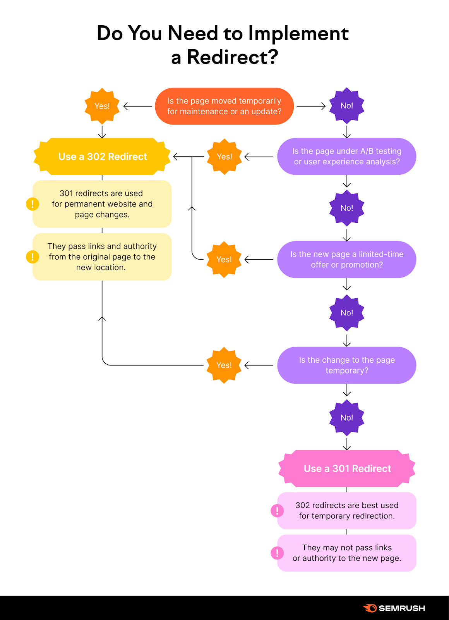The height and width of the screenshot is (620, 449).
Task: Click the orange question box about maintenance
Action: pyautogui.click(x=224, y=106)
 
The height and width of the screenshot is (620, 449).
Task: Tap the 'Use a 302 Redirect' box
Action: pyautogui.click(x=102, y=157)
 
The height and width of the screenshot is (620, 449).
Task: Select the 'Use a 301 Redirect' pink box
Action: pyautogui.click(x=347, y=468)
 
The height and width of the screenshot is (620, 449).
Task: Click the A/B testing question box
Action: pyautogui.click(x=346, y=157)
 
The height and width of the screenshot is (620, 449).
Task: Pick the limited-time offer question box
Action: pyautogui.click(x=346, y=260)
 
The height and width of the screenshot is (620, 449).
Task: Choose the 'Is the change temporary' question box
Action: pyautogui.click(x=346, y=365)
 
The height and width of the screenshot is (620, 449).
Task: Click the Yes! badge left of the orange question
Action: pyautogui.click(x=102, y=106)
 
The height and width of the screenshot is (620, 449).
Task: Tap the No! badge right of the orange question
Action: pyautogui.click(x=346, y=106)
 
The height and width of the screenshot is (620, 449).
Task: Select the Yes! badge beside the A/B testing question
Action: pyautogui.click(x=224, y=157)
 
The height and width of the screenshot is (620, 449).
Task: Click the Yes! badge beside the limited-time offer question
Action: pyautogui.click(x=224, y=260)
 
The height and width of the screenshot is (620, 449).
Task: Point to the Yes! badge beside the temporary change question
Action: pyautogui.click(x=224, y=365)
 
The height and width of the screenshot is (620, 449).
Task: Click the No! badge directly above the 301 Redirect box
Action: pyautogui.click(x=346, y=418)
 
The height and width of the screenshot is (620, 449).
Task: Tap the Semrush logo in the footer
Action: pyautogui.click(x=394, y=608)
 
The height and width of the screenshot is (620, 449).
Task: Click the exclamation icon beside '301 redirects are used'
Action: pyautogui.click(x=33, y=204)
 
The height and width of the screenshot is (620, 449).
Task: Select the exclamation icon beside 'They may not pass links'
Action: pyautogui.click(x=277, y=553)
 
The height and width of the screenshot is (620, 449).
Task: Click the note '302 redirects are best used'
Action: pyautogui.click(x=346, y=511)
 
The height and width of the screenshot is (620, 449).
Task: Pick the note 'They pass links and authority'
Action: pyautogui.click(x=102, y=257)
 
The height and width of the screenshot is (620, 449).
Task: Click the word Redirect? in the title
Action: pyautogui.click(x=232, y=57)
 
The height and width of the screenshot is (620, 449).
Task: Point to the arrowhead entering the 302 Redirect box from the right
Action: pyautogui.click(x=176, y=157)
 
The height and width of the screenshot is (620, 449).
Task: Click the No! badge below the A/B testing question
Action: pyautogui.click(x=346, y=208)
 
